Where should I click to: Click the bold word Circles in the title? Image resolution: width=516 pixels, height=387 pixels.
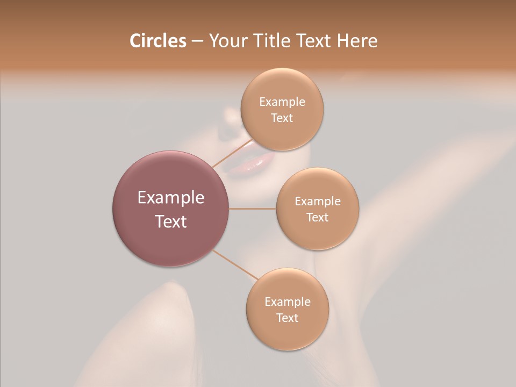[x=157, y=41]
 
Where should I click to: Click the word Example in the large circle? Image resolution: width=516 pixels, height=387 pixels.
[x=171, y=198]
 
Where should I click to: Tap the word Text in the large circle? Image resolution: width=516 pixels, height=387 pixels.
[x=171, y=221]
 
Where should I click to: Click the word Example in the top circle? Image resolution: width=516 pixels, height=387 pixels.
[x=282, y=102]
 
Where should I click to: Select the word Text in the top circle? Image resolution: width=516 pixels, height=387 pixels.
[x=282, y=118]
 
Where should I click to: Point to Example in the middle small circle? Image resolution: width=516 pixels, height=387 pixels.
[x=318, y=202]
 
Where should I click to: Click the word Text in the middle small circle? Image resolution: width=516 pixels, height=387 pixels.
[x=318, y=218]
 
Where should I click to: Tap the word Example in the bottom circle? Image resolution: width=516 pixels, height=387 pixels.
[x=288, y=302]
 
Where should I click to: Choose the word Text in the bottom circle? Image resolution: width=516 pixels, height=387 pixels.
[x=288, y=318]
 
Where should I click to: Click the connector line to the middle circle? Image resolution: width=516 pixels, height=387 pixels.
[x=253, y=209]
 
